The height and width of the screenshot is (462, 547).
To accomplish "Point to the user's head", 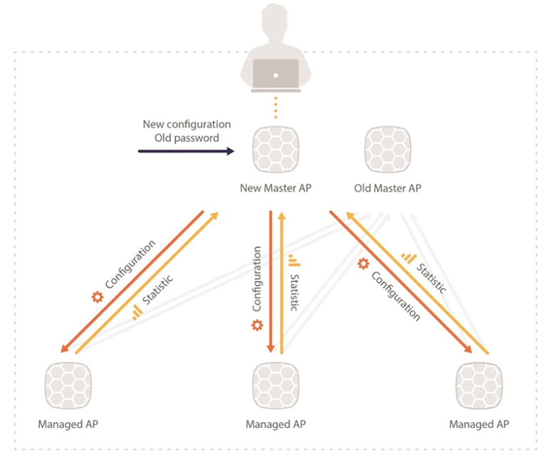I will point(277,22).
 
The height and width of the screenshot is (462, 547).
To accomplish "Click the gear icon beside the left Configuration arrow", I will point(98,296).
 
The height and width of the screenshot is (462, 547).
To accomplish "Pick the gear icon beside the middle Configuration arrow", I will point(256,325).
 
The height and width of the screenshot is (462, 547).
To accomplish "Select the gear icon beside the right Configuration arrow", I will point(363,265).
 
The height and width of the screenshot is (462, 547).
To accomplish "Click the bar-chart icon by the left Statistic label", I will point(137,312).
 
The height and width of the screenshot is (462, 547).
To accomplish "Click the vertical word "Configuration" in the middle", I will point(256,279).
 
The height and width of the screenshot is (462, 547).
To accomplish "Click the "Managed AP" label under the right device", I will point(479,424).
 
